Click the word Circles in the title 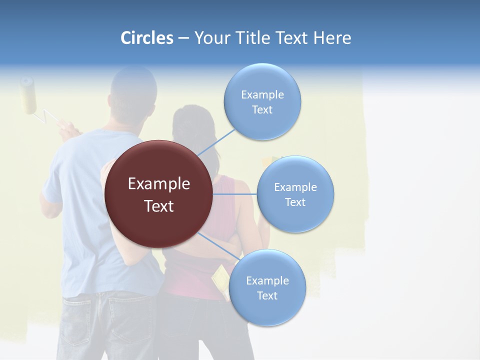click(x=146, y=38)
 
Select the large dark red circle click(x=158, y=194)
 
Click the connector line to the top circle click(x=216, y=142)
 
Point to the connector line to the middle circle click(x=235, y=194)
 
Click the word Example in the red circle click(x=158, y=184)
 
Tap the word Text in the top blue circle click(x=262, y=110)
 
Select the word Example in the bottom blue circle click(x=267, y=281)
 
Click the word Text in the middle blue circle click(x=295, y=202)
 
